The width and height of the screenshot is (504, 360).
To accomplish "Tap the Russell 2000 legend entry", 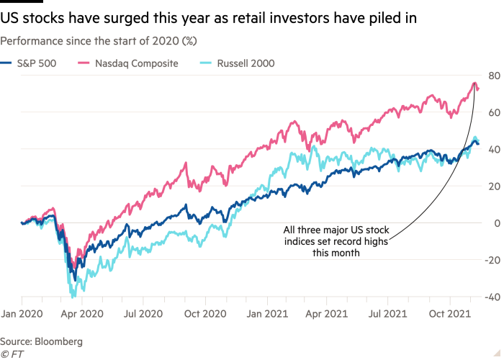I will (x=245, y=63).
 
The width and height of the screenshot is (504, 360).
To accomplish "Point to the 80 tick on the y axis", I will (x=495, y=75).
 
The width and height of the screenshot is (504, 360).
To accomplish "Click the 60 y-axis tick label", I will (x=495, y=112).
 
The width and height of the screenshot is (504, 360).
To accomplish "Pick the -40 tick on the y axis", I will (x=492, y=297).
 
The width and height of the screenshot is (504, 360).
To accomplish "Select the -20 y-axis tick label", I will (x=492, y=260).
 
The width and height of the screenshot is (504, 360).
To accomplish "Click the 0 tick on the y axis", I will (x=497, y=222).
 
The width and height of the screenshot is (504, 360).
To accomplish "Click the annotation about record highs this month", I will (x=336, y=241).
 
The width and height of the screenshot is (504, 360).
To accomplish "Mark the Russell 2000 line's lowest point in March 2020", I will (x=73, y=296).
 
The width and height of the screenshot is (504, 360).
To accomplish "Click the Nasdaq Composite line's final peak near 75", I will (x=474, y=84).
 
